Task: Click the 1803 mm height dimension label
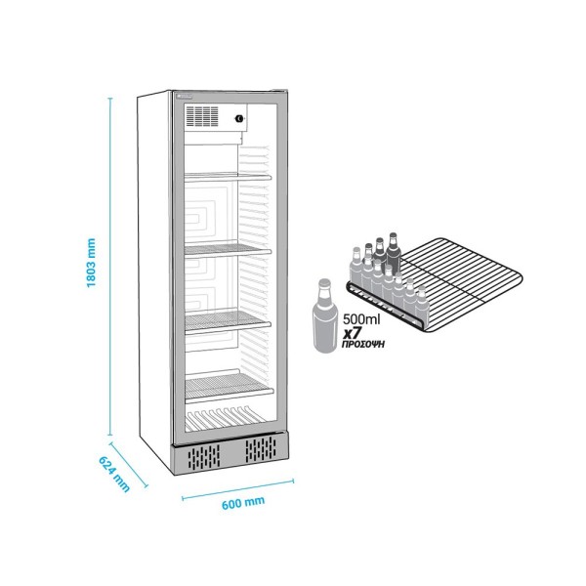pyautogui.click(x=91, y=263)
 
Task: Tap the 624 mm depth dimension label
pyautogui.click(x=114, y=474)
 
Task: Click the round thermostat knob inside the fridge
pyautogui.click(x=238, y=118)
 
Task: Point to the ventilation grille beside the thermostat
pyautogui.click(x=202, y=116)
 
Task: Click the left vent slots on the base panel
pyautogui.click(x=204, y=457)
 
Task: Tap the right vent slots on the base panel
pyautogui.click(x=261, y=448)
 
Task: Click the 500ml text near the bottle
pyautogui.click(x=361, y=319)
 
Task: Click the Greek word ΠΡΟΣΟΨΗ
pyautogui.click(x=363, y=344)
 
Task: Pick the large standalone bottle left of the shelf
pyautogui.click(x=325, y=316)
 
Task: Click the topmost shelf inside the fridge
pyautogui.click(x=228, y=176)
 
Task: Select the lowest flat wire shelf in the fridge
pyautogui.click(x=229, y=388)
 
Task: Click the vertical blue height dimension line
pyautogui.click(x=110, y=267)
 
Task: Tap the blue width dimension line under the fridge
pyautogui.click(x=237, y=489)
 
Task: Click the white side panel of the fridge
pyautogui.click(x=154, y=279)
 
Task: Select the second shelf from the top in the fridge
pyautogui.click(x=228, y=250)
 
